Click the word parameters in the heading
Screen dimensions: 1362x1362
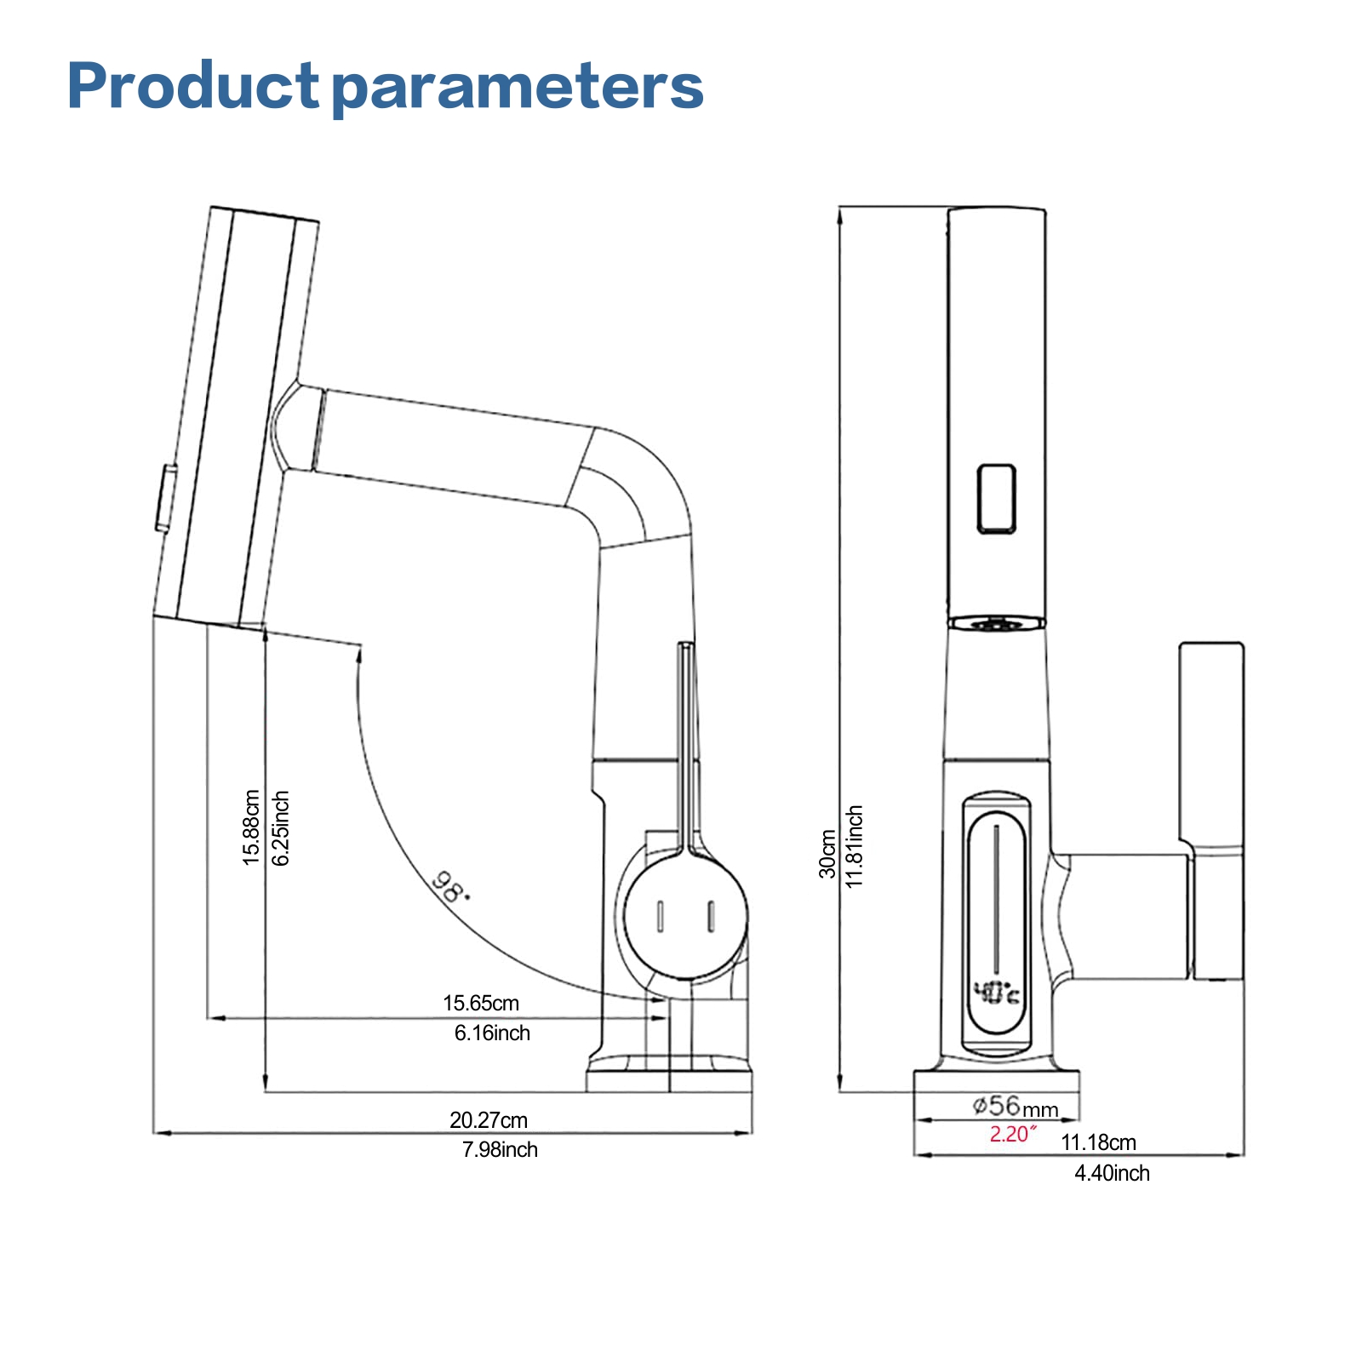[x=518, y=89]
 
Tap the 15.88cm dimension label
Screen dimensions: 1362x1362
[x=251, y=827]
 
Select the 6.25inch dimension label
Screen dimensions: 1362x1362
[x=281, y=827]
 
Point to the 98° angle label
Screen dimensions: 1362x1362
[x=449, y=887]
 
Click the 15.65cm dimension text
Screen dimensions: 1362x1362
[x=480, y=1003]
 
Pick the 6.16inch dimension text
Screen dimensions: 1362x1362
[x=492, y=1033]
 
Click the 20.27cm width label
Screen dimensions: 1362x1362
[x=488, y=1119]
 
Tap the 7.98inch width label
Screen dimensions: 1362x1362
[x=500, y=1149]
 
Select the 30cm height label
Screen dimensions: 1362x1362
[x=827, y=854]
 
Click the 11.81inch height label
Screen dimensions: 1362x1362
[x=855, y=846]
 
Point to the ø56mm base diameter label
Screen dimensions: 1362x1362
[x=1015, y=1107]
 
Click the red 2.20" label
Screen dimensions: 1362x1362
[x=1013, y=1134]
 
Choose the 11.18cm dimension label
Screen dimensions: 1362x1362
[x=1098, y=1142]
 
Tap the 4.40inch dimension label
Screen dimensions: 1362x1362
[x=1112, y=1173]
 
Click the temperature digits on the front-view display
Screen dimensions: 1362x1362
[x=996, y=993]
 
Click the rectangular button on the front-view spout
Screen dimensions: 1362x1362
[x=996, y=499]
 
